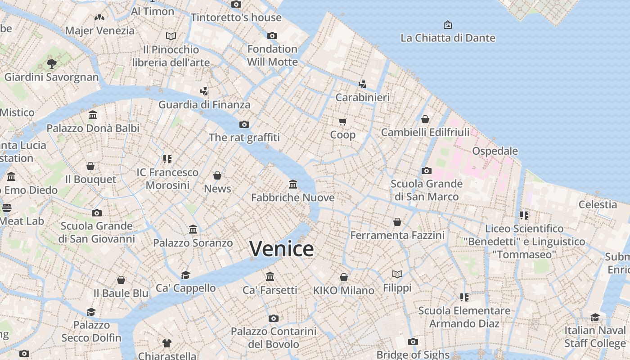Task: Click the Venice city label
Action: click(281, 249)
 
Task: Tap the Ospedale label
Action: click(495, 151)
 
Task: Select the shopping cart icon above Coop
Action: click(343, 121)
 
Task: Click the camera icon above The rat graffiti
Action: click(244, 124)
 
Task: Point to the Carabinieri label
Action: click(363, 97)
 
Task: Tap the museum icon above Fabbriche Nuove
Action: click(293, 184)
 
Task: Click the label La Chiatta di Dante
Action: click(448, 38)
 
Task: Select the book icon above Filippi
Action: click(397, 274)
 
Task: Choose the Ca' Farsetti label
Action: click(270, 290)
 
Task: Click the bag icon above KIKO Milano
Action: click(344, 277)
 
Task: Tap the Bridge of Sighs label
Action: click(413, 354)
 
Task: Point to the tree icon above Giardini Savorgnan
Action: click(51, 63)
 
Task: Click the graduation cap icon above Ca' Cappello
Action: click(185, 275)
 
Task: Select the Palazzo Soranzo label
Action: click(193, 243)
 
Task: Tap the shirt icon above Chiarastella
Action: click(167, 343)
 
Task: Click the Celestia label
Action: click(598, 204)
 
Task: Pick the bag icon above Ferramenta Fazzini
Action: click(397, 222)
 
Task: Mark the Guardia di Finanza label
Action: click(204, 104)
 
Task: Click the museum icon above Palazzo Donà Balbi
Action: click(93, 115)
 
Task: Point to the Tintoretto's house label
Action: click(236, 18)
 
